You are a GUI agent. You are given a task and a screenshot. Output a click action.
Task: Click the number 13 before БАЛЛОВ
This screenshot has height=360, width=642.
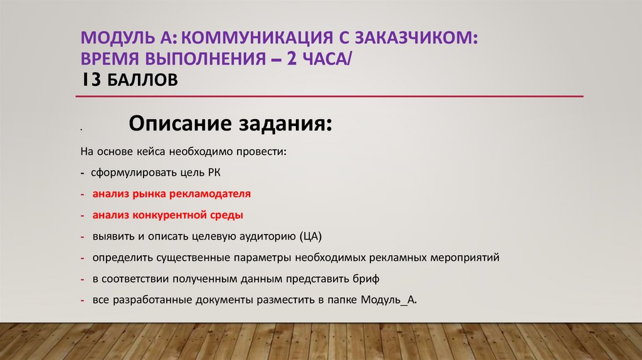[x=90, y=80]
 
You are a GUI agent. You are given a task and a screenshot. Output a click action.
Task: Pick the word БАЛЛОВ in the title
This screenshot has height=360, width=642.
[x=140, y=80]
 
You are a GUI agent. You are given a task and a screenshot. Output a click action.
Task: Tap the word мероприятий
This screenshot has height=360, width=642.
[x=465, y=258]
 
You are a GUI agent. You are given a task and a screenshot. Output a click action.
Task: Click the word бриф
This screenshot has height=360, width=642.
[x=367, y=278]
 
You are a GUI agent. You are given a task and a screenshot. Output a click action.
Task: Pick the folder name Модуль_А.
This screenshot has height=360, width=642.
[x=388, y=300]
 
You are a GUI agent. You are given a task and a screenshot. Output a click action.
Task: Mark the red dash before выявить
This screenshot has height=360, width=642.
[x=83, y=236]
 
